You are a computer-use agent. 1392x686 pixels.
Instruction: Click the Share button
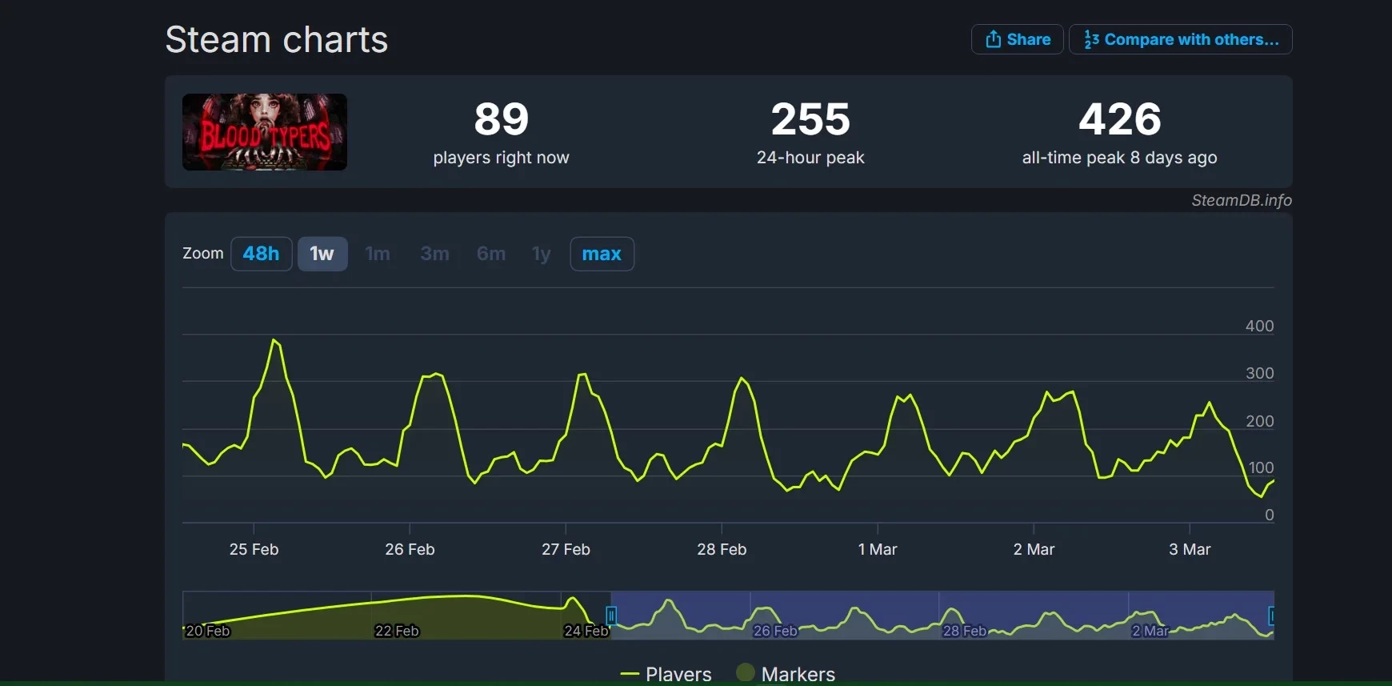1017,39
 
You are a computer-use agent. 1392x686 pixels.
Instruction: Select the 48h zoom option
261,254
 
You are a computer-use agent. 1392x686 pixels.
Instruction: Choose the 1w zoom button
322,254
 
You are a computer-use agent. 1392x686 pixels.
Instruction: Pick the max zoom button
602,254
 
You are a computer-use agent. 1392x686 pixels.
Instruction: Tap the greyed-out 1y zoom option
541,254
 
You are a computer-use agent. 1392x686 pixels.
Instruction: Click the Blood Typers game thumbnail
265,132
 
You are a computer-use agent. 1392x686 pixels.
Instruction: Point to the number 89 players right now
502,119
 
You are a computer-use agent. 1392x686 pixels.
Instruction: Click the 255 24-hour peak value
810,119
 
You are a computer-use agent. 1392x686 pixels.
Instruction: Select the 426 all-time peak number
1119,119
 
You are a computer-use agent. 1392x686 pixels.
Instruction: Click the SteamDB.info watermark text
1241,200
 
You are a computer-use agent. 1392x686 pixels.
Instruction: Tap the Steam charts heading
276,39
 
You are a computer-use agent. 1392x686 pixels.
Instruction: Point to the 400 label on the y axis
1259,326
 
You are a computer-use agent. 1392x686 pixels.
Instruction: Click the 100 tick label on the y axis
1261,467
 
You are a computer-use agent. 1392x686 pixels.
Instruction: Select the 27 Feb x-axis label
566,549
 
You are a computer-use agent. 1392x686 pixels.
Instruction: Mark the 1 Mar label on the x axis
878,549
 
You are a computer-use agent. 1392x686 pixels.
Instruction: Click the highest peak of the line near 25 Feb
274,340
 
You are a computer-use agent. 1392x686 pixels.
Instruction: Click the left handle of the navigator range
611,615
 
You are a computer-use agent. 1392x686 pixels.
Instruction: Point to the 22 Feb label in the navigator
397,631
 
